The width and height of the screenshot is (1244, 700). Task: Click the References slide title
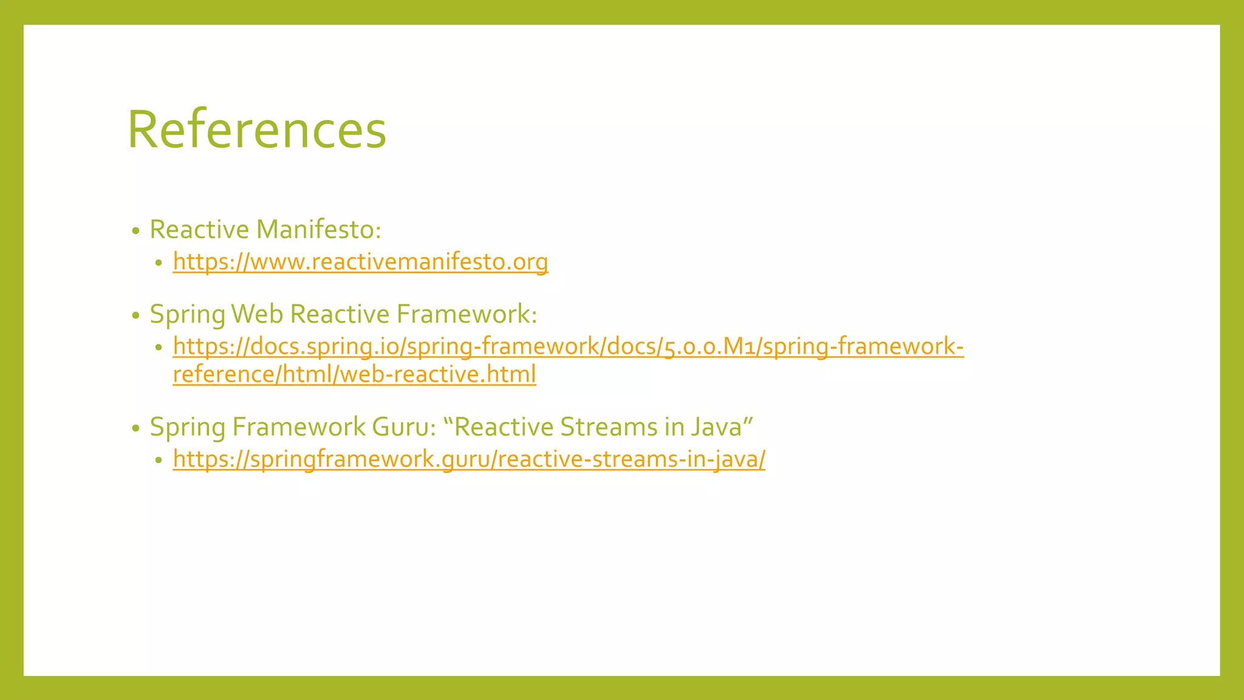click(x=256, y=129)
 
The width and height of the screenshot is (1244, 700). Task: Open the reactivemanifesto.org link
click(x=360, y=262)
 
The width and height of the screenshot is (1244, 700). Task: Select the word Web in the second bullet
click(x=257, y=314)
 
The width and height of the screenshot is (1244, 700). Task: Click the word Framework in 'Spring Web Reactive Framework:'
click(x=466, y=314)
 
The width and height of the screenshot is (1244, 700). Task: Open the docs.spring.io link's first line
click(x=568, y=346)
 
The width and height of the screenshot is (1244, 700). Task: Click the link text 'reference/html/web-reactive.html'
click(x=354, y=374)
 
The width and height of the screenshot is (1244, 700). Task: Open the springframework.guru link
click(x=469, y=459)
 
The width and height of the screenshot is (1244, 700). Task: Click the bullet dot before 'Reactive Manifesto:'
click(x=136, y=231)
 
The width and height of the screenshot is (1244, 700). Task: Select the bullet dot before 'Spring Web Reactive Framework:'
click(x=136, y=315)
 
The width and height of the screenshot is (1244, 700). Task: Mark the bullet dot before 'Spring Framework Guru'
click(x=136, y=428)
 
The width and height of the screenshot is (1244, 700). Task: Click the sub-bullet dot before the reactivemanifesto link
click(x=159, y=263)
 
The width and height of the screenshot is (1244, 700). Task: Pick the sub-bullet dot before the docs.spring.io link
click(x=159, y=348)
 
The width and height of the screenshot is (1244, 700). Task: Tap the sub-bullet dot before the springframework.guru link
click(x=159, y=461)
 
